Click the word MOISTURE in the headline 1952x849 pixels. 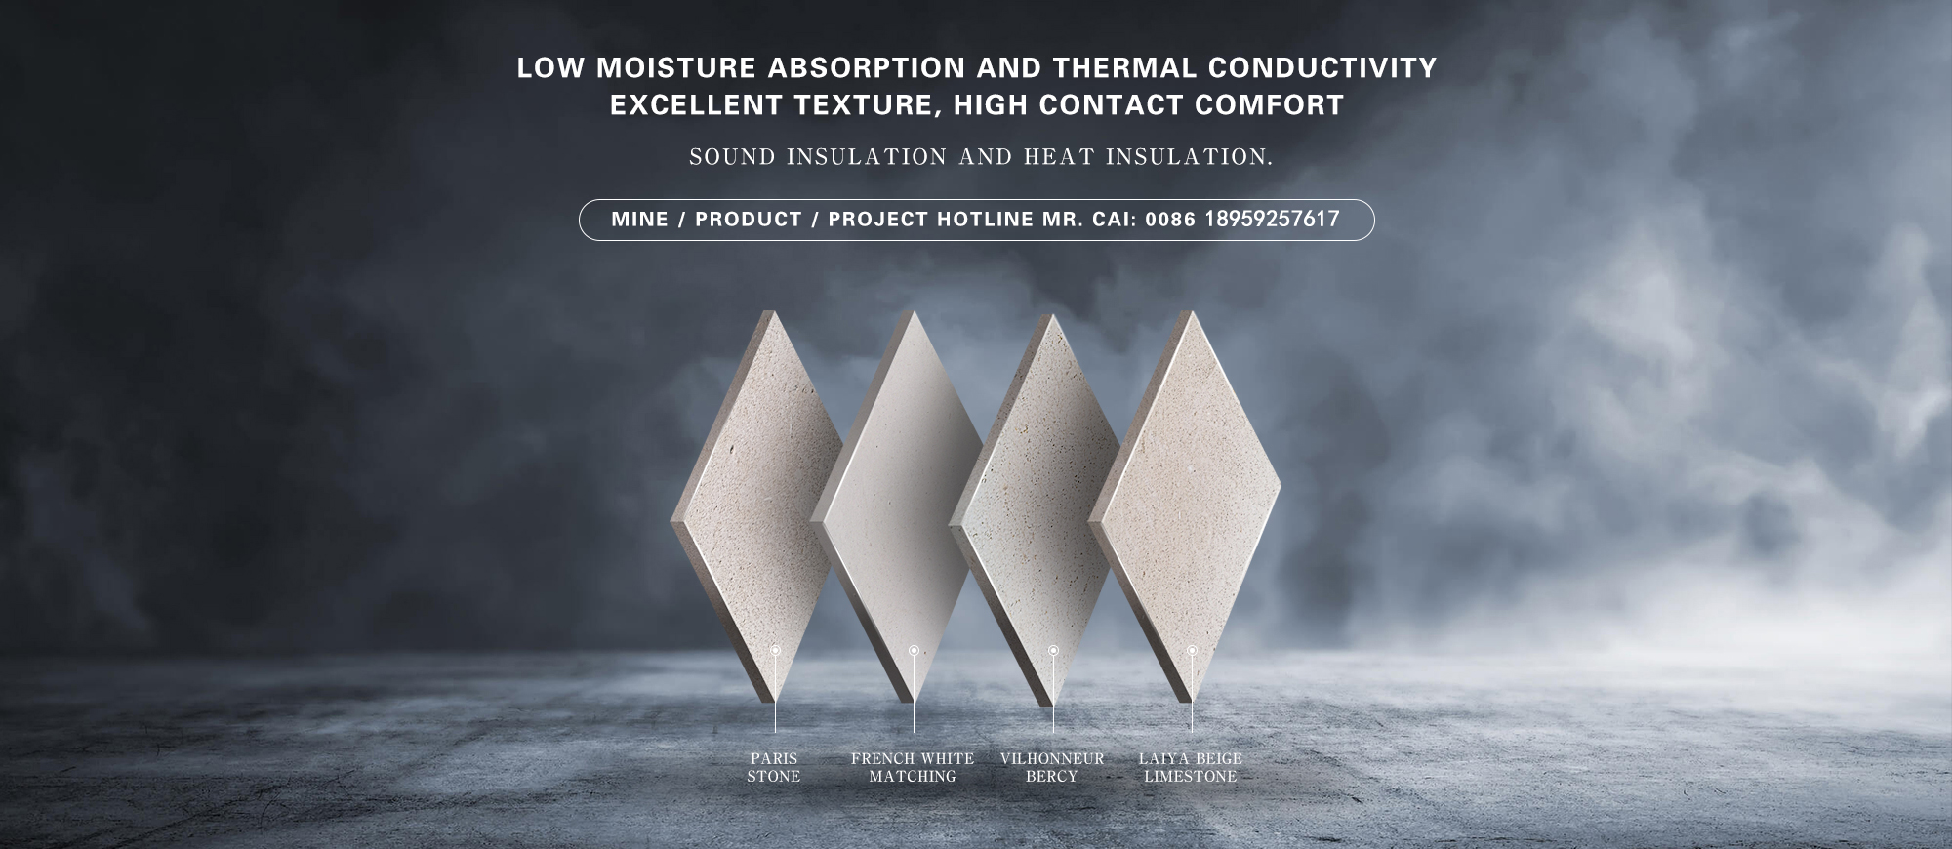click(x=676, y=68)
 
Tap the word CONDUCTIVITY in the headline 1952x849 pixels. click(x=1322, y=68)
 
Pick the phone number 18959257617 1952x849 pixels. click(x=1272, y=220)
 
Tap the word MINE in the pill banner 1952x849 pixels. click(x=640, y=220)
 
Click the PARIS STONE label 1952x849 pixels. click(x=774, y=767)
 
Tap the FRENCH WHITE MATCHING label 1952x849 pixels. click(x=913, y=767)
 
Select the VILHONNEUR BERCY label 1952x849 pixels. click(x=1052, y=767)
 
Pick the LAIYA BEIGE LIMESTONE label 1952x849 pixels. click(x=1191, y=767)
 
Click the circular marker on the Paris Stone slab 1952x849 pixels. click(x=776, y=650)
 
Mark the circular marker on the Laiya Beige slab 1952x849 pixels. click(x=1192, y=650)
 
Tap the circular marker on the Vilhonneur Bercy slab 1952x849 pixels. click(x=1053, y=650)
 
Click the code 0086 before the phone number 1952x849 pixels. click(x=1170, y=220)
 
